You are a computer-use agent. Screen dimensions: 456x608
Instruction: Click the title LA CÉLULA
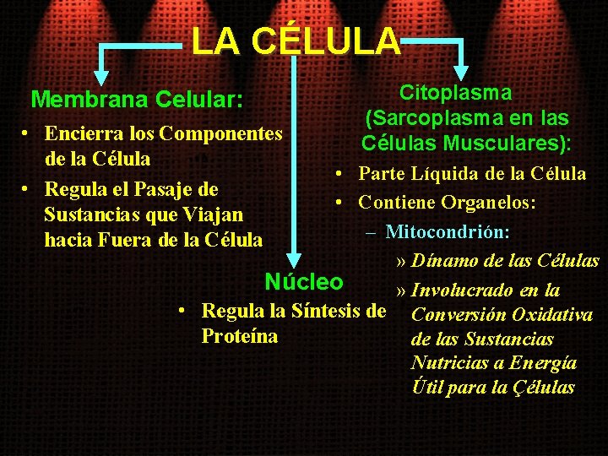point(295,41)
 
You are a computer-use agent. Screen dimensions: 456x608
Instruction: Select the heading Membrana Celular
point(137,100)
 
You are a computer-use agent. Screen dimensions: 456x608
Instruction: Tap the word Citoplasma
point(455,93)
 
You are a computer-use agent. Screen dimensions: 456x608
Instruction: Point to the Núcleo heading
point(304,281)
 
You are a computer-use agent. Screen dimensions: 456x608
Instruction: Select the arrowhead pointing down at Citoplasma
point(461,73)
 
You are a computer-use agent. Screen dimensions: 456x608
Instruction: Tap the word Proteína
point(239,336)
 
